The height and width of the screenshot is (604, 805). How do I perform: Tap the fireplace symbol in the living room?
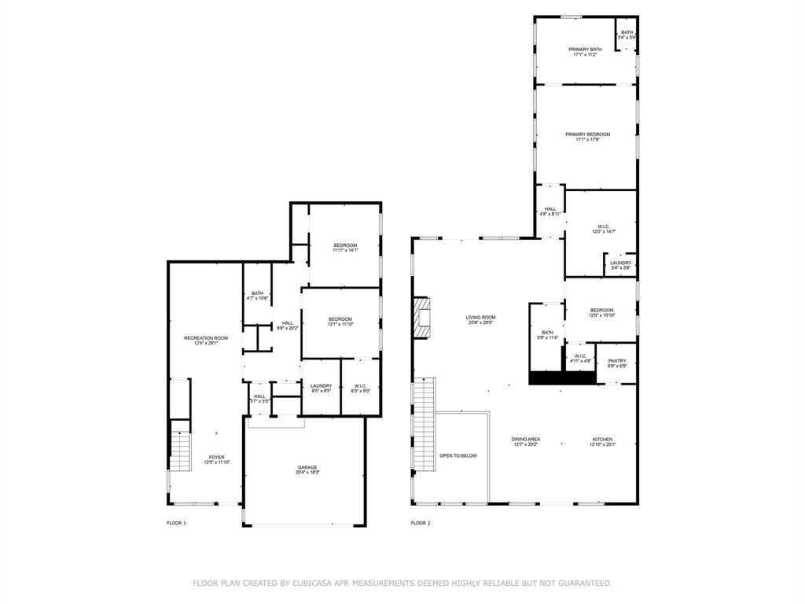(423, 318)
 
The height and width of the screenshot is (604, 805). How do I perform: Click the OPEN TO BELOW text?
(458, 455)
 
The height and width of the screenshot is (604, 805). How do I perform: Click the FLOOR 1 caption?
(176, 523)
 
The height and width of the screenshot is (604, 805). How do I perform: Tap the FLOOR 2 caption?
(421, 523)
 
